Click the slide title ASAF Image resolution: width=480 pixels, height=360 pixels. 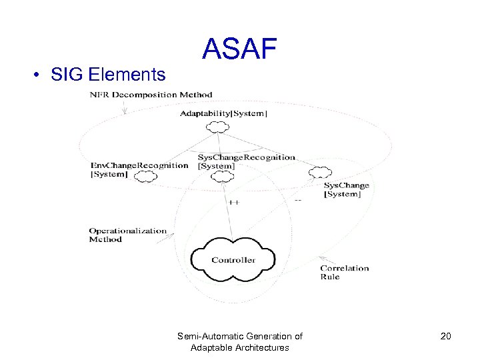239,49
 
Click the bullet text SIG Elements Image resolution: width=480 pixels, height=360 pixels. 108,74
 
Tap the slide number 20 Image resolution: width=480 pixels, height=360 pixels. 446,336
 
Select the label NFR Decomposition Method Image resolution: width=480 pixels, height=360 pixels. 151,95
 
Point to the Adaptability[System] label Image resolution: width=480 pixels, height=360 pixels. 224,113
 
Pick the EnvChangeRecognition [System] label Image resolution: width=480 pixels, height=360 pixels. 139,169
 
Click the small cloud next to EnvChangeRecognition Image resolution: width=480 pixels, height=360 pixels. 145,177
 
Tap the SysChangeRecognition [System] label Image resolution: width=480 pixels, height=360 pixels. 246,161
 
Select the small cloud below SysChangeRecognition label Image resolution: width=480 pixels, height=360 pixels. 222,176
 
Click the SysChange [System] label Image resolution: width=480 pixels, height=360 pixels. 346,189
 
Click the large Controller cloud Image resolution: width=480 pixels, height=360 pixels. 233,258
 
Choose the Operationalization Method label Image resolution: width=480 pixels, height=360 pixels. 127,235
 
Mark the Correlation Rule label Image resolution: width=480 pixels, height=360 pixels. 344,272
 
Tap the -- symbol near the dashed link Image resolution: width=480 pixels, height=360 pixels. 297,200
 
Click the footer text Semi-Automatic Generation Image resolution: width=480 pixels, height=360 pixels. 239,337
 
